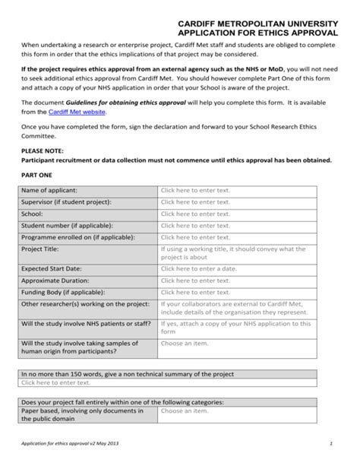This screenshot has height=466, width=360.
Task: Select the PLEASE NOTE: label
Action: click(42, 151)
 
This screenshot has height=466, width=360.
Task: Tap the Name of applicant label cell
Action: click(49, 190)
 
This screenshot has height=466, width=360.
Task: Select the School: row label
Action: click(33, 214)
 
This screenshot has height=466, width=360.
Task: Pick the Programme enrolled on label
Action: click(77, 236)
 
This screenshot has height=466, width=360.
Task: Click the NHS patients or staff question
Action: click(85, 324)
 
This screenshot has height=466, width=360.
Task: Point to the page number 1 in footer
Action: click(332, 443)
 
